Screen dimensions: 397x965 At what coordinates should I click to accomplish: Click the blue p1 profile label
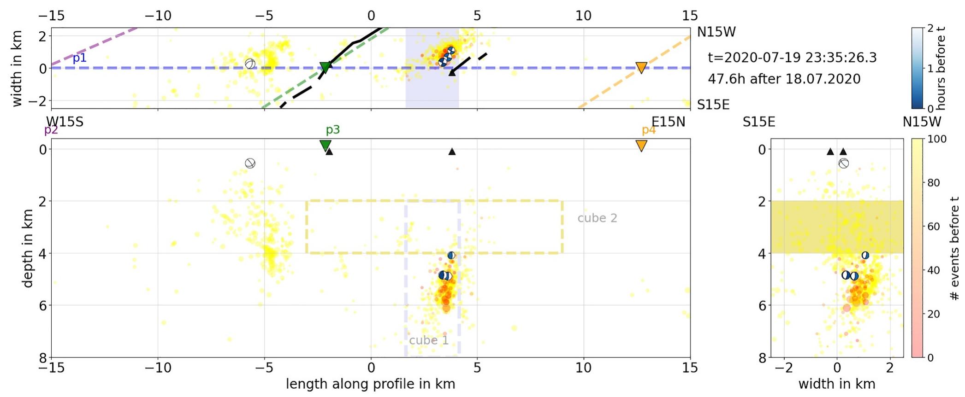pyautogui.click(x=79, y=58)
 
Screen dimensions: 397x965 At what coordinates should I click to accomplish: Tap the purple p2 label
pyautogui.click(x=51, y=130)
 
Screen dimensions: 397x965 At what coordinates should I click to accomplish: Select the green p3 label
pyautogui.click(x=332, y=130)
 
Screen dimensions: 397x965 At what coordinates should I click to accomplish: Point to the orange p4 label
pyautogui.click(x=648, y=130)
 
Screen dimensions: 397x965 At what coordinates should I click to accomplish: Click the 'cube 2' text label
pyautogui.click(x=597, y=218)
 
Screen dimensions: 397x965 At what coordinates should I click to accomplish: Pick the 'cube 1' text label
pyautogui.click(x=429, y=340)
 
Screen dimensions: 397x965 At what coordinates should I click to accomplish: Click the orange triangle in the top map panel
pyautogui.click(x=641, y=68)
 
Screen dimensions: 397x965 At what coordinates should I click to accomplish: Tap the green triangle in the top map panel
pyautogui.click(x=326, y=67)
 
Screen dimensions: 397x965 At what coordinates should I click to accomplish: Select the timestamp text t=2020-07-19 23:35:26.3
pyautogui.click(x=792, y=58)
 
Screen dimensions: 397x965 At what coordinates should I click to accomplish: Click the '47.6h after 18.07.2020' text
pyautogui.click(x=784, y=79)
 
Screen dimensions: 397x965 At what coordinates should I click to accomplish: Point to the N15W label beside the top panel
pyautogui.click(x=716, y=32)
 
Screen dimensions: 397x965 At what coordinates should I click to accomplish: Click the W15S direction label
pyautogui.click(x=65, y=122)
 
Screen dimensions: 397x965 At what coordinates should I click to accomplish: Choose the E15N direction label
pyautogui.click(x=668, y=122)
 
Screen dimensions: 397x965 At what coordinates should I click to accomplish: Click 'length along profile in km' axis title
pyautogui.click(x=370, y=384)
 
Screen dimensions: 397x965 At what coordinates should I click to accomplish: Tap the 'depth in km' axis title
pyautogui.click(x=28, y=248)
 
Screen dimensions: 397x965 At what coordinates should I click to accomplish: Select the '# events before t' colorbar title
pyautogui.click(x=954, y=248)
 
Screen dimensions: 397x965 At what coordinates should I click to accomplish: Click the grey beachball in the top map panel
pyautogui.click(x=250, y=64)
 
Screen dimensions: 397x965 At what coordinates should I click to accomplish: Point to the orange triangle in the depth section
pyautogui.click(x=641, y=146)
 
